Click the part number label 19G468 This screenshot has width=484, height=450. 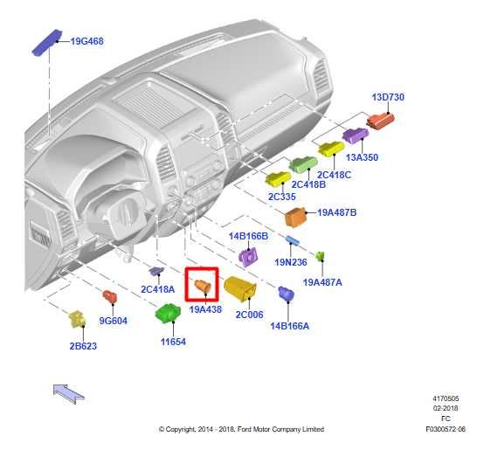[x=87, y=41]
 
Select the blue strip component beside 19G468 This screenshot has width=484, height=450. [x=47, y=43]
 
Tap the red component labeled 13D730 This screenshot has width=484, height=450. [x=381, y=121]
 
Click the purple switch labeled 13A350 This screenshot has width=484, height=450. [x=356, y=135]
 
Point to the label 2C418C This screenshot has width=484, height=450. [x=334, y=175]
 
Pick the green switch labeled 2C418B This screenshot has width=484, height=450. [x=303, y=164]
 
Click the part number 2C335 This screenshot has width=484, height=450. [x=282, y=197]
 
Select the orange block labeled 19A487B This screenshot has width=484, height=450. [x=295, y=217]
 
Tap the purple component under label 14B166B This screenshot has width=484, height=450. [x=248, y=257]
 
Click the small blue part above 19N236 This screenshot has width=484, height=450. [x=293, y=240]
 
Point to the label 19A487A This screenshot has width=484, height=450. [x=322, y=282]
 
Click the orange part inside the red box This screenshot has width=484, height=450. [x=203, y=286]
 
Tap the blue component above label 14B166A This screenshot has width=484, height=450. [x=287, y=294]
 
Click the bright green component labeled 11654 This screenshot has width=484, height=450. [x=168, y=313]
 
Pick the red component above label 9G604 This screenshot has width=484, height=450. [x=109, y=297]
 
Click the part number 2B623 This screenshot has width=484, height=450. [x=83, y=346]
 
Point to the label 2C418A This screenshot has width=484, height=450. [x=158, y=289]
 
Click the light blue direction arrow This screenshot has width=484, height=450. [x=68, y=393]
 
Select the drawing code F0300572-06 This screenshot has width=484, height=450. [x=446, y=429]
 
